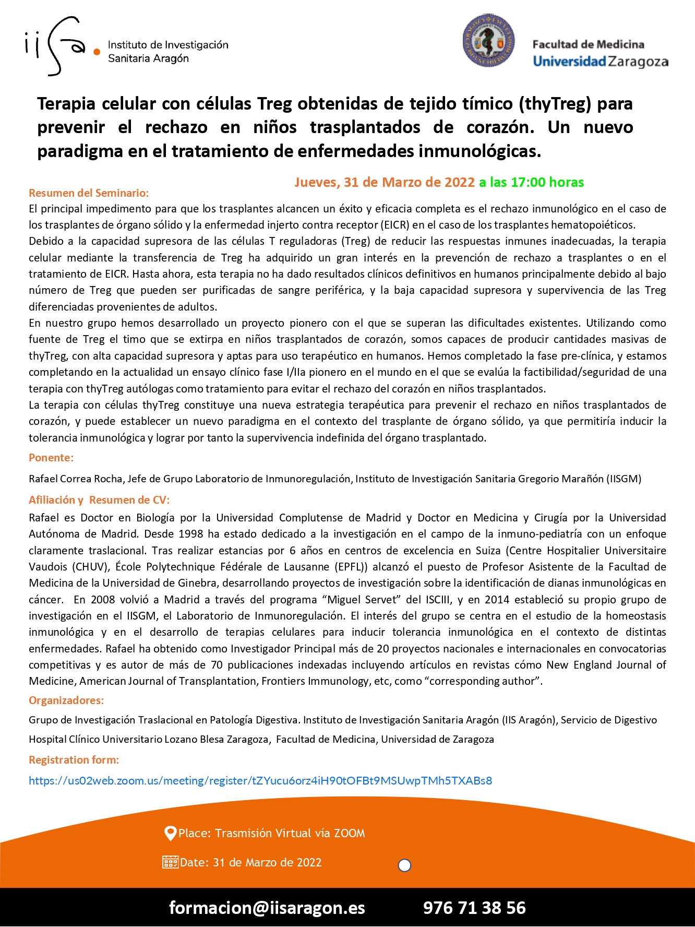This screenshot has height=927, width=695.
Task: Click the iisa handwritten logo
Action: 55,46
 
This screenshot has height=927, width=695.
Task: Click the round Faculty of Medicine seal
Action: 488,41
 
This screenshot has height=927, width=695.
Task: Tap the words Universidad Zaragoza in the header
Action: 600,62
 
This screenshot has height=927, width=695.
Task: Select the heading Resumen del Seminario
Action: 89,193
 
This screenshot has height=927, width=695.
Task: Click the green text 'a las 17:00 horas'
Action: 531,182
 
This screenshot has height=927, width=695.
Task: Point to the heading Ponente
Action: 51,458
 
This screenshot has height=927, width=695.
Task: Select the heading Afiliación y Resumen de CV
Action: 99,500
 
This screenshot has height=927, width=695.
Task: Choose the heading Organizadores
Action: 66,700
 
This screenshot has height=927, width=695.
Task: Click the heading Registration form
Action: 74,760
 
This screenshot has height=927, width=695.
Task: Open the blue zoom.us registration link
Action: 260,781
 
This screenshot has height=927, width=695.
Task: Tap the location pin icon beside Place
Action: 170,833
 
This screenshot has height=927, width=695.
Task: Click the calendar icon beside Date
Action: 170,862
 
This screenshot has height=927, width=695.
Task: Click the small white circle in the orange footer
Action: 404,865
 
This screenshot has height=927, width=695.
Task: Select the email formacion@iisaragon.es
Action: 267,908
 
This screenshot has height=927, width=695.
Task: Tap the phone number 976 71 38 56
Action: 474,908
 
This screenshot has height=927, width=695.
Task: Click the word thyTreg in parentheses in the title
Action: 555,104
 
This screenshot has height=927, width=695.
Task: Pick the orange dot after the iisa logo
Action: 97,52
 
